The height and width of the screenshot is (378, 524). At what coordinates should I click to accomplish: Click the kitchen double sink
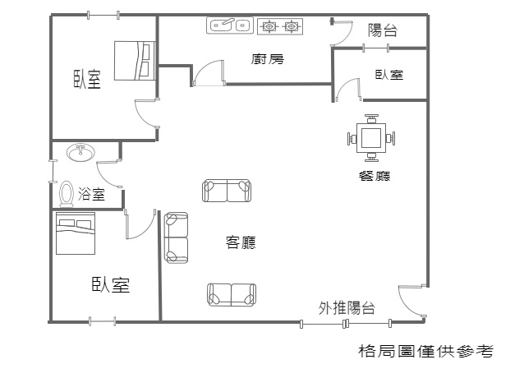point(230,25)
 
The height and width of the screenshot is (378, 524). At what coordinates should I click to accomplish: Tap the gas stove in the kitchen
point(280,26)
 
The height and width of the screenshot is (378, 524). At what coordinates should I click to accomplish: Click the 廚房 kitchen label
point(268,59)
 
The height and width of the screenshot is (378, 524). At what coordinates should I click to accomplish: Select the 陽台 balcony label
point(382,30)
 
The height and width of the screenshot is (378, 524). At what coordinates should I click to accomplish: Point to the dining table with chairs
point(371,138)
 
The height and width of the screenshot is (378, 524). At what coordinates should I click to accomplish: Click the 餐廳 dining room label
point(375,176)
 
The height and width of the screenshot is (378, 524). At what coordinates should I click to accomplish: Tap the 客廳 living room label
point(241,242)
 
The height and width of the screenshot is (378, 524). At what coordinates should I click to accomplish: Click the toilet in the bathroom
point(67,193)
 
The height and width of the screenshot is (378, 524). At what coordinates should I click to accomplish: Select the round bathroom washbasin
point(80,152)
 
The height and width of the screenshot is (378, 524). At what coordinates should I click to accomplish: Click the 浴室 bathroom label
point(91,193)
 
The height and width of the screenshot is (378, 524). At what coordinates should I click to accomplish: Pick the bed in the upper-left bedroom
point(135,61)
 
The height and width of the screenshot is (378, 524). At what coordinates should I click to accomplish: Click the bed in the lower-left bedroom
point(76,233)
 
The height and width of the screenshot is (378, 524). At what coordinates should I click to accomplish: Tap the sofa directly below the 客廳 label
point(232,294)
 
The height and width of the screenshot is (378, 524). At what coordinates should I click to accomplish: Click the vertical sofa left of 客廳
point(176,237)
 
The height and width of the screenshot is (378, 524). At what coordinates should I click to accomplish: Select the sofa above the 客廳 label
point(227,191)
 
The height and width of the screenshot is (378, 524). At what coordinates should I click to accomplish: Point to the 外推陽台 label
point(347,308)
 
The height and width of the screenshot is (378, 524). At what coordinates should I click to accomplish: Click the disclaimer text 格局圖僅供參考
point(425,351)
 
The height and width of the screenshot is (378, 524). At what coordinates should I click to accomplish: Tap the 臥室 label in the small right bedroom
point(388,75)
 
